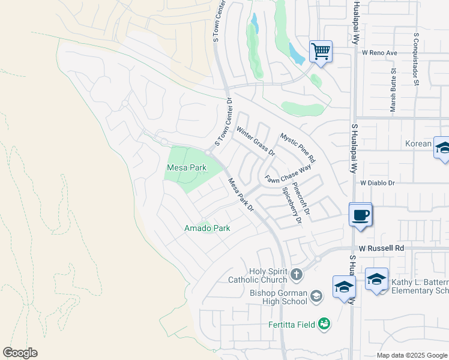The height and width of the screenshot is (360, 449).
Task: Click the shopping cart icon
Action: point(321,52)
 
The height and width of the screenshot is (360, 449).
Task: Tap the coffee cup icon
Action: point(360,215)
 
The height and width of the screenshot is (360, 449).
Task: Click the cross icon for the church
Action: point(296,275)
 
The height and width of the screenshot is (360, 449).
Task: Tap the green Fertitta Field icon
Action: point(324,324)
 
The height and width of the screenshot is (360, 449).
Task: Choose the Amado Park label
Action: point(206,229)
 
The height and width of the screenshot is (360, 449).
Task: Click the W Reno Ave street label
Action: point(380,53)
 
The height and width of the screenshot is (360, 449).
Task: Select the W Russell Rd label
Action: point(383,248)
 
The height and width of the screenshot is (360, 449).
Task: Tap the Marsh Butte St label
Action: point(393,90)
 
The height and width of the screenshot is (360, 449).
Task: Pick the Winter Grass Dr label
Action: point(256,141)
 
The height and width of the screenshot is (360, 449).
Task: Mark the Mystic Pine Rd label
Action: point(298,148)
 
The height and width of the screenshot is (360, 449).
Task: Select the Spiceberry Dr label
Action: point(290,205)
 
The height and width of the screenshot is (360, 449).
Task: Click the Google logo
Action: point(20,353)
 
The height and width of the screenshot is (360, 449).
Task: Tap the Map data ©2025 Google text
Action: point(411,355)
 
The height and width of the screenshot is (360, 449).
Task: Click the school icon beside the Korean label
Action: point(442,148)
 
